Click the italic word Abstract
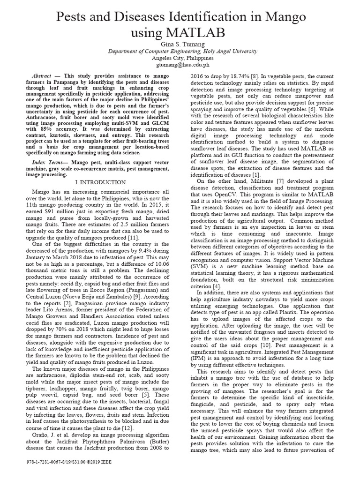tap(42, 75)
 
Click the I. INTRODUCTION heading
tap(101, 182)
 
